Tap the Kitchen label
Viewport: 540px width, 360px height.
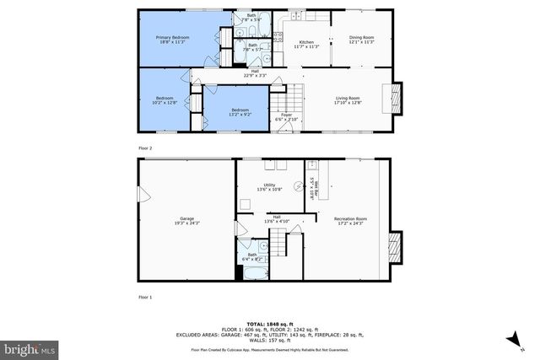pos(306,42)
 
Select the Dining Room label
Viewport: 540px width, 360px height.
pos(361,37)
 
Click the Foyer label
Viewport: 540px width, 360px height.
pos(286,115)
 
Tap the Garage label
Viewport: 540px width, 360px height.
pos(186,218)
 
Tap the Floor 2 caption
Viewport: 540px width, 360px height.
pos(145,148)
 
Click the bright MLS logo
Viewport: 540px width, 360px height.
pos(30,347)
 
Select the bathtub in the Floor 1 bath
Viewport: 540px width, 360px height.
pos(251,272)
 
